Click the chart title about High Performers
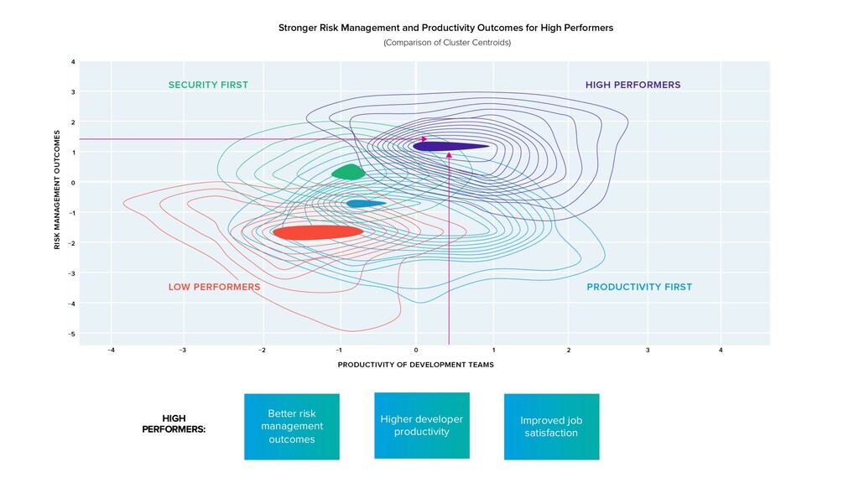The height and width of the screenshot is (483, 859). [x=445, y=28]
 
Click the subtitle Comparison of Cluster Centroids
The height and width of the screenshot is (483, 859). [x=446, y=42]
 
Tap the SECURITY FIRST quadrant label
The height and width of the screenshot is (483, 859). [x=208, y=85]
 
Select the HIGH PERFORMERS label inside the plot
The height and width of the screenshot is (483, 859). [x=633, y=85]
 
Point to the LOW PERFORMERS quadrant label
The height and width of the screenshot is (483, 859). [x=214, y=287]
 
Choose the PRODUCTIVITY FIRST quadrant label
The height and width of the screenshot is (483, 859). [x=639, y=287]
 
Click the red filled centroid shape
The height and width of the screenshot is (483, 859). [x=318, y=232]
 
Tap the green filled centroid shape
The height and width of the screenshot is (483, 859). [x=348, y=173]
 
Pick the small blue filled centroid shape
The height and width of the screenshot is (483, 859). [x=363, y=203]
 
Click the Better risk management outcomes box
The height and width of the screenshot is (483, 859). [x=292, y=427]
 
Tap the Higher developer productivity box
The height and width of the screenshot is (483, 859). [x=421, y=425]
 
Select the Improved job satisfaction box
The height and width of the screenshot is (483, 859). [x=551, y=427]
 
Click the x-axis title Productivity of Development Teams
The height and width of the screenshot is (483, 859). [x=415, y=365]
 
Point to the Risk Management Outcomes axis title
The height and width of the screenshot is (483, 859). [x=57, y=189]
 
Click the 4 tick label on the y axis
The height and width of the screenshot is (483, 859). [x=74, y=62]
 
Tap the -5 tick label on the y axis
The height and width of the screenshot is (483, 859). [x=73, y=334]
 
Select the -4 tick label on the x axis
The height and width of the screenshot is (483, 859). [x=111, y=350]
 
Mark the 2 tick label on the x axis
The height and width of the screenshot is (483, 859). [x=569, y=350]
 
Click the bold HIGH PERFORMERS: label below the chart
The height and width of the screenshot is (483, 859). [x=174, y=423]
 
